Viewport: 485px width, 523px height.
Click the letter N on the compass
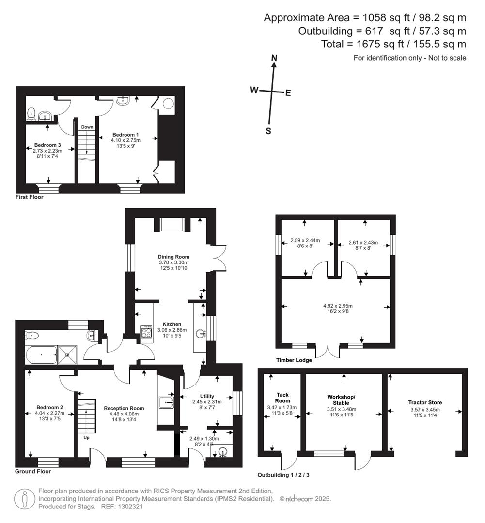click(274, 58)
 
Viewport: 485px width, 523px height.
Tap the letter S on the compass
click(268, 131)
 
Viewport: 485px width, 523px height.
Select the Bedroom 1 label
click(125, 135)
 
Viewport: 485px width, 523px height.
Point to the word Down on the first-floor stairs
click(87, 127)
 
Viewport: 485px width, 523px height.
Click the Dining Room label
click(173, 257)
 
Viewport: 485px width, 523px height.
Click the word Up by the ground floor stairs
click(86, 437)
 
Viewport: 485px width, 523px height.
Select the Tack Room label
click(282, 398)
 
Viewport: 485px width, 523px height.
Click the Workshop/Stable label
click(341, 400)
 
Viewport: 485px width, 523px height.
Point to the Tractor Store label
click(425, 402)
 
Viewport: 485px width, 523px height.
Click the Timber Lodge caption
click(294, 360)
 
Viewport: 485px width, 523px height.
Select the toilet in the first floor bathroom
click(31, 113)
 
